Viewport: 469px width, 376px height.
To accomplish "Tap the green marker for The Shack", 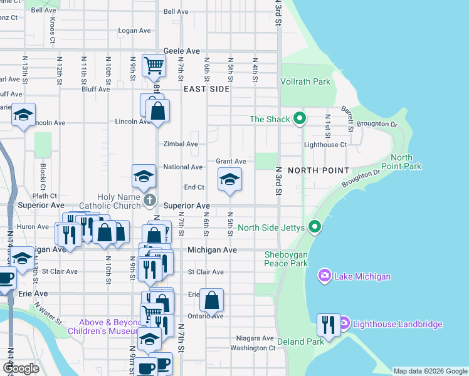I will [300, 118].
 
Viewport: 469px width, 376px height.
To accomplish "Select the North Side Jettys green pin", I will [315, 227].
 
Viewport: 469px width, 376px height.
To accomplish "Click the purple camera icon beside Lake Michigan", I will [325, 276].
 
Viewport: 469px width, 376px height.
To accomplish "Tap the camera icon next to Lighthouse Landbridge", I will [344, 324].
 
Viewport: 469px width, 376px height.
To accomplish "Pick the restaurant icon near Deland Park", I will [327, 324].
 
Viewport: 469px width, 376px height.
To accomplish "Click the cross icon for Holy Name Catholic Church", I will [149, 201].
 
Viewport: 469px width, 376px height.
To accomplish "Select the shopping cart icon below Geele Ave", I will [154, 65].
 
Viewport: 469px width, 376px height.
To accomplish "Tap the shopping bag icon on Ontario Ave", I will [213, 300].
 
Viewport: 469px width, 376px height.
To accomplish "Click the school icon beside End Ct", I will [229, 180].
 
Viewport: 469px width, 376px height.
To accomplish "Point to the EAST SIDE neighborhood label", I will [206, 90].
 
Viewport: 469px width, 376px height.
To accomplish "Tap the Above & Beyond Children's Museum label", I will [103, 326].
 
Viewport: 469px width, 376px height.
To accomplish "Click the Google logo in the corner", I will [21, 368].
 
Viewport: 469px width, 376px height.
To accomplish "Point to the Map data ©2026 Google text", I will [430, 371].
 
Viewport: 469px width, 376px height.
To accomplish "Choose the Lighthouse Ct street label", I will [325, 145].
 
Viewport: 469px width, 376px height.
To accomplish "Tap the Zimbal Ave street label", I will [181, 144].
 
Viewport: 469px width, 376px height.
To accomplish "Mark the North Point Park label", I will [406, 162].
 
